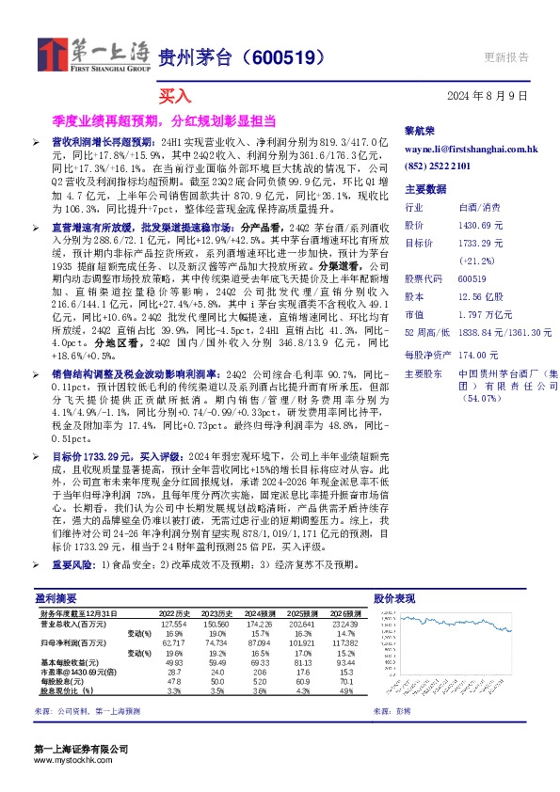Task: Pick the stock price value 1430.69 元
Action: pyautogui.click(x=484, y=226)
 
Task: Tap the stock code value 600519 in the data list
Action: pyautogui.click(x=472, y=278)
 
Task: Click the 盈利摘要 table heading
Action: pyautogui.click(x=56, y=597)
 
